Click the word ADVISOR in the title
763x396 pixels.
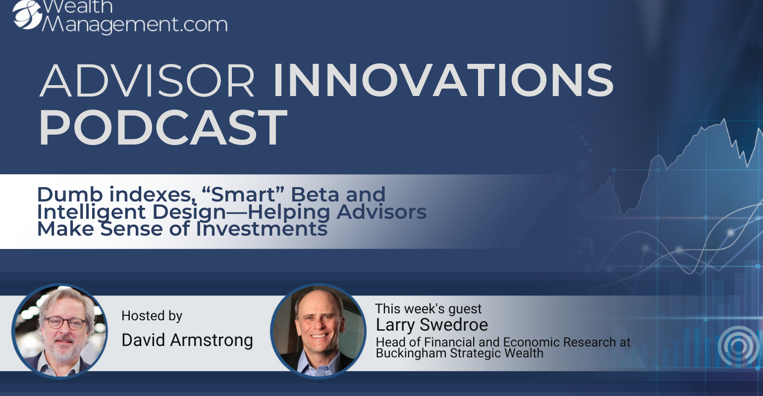[x=147, y=81]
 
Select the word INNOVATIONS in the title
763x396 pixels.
[x=443, y=81]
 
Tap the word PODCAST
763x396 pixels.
[x=163, y=127]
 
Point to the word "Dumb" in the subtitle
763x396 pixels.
[x=69, y=194]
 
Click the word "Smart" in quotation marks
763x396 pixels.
[x=243, y=194]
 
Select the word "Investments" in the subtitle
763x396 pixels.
[x=262, y=228]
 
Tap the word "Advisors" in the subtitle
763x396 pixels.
[x=381, y=211]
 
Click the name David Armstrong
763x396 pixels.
[x=187, y=340]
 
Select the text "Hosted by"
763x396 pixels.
[x=152, y=316]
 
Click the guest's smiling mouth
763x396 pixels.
[x=319, y=336]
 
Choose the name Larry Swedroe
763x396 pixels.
[x=432, y=324]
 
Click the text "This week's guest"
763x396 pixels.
[x=428, y=308]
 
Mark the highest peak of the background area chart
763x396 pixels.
[x=724, y=119]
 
